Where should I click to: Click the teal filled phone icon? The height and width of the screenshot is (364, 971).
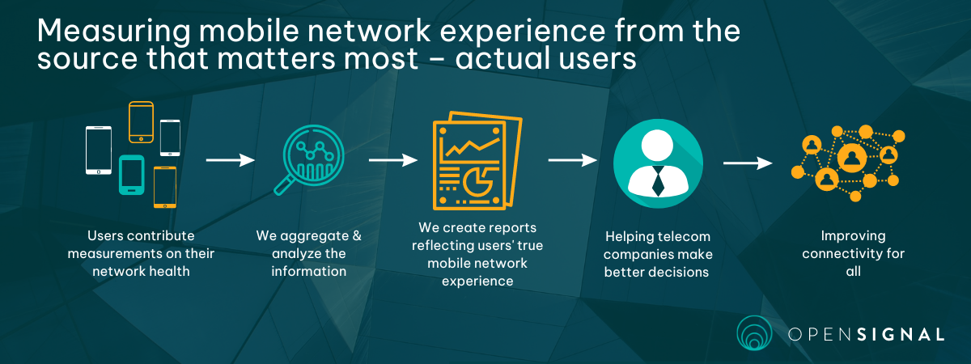click(x=132, y=175)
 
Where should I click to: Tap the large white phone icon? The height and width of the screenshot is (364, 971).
click(x=99, y=150)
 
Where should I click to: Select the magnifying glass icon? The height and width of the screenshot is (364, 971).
click(x=309, y=160)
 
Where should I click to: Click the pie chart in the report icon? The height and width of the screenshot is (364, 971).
click(x=477, y=182)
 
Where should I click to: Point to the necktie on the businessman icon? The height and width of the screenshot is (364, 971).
click(x=658, y=181)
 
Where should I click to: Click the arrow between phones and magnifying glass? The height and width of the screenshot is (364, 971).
click(x=230, y=160)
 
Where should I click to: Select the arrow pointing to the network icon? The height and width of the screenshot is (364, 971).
click(x=748, y=163)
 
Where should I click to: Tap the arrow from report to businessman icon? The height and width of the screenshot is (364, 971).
click(x=573, y=160)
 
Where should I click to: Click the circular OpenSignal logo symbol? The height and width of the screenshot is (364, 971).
click(x=754, y=332)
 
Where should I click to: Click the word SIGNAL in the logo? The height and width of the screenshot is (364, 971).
click(x=901, y=335)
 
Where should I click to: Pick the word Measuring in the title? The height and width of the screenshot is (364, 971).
click(x=113, y=32)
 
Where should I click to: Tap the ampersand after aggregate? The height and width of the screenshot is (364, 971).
click(x=357, y=235)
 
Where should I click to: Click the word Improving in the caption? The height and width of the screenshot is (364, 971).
click(x=853, y=236)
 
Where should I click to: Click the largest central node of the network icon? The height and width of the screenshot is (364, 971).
click(x=852, y=158)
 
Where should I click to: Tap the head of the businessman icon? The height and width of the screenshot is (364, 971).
click(x=657, y=146)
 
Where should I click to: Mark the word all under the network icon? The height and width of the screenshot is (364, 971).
click(x=853, y=272)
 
